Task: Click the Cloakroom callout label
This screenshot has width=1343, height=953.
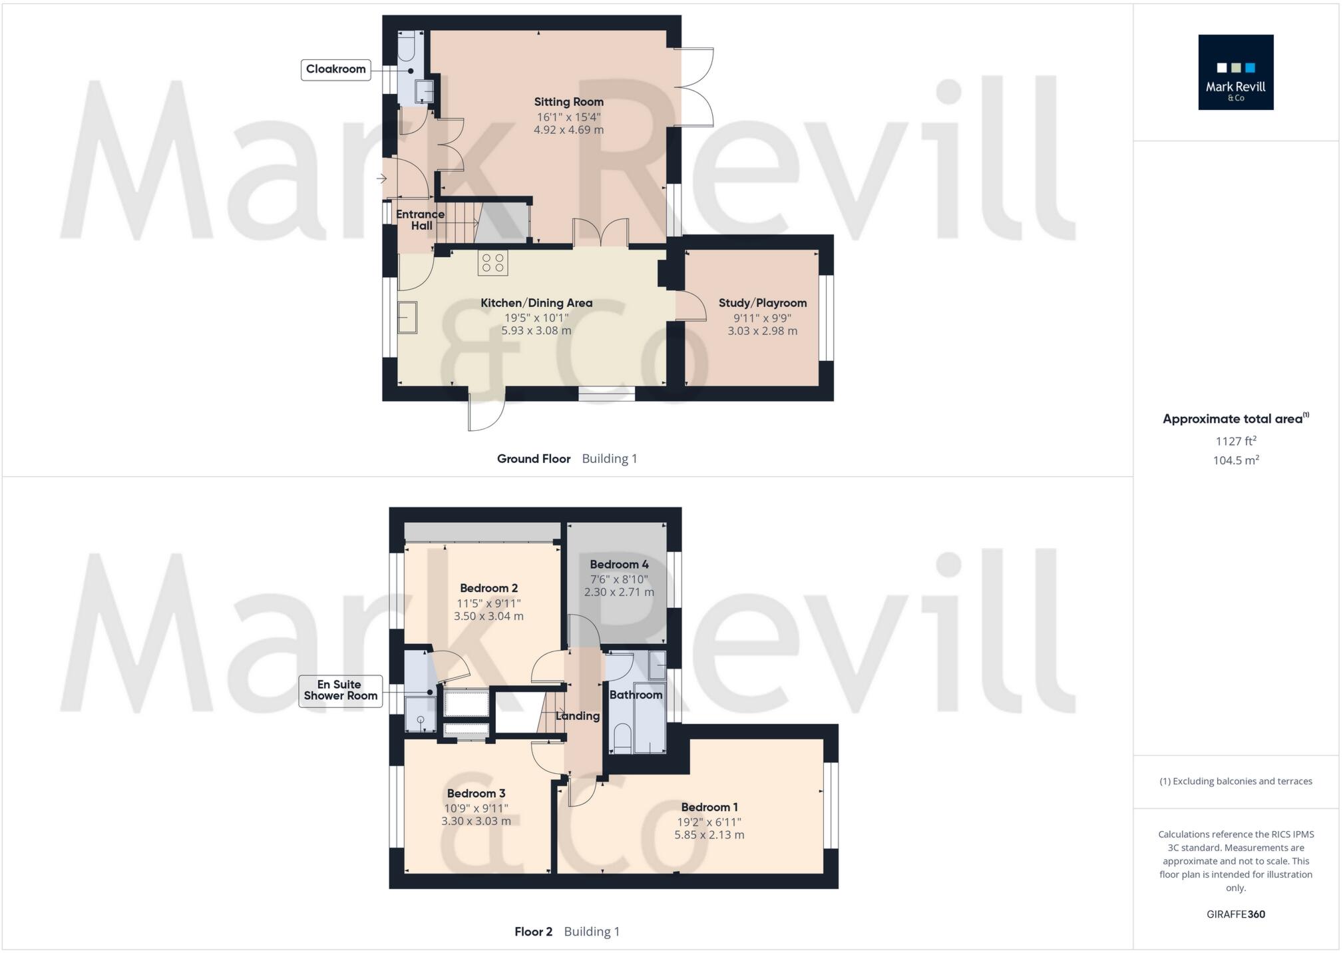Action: tap(335, 69)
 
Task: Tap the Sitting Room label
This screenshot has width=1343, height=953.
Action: tap(568, 102)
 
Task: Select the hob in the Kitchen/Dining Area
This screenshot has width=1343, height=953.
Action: tap(492, 262)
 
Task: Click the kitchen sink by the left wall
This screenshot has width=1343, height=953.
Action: tap(407, 317)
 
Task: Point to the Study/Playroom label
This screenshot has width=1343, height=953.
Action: tap(762, 303)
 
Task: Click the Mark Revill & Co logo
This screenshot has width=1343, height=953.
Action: tap(1235, 72)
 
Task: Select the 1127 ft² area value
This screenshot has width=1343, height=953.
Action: tap(1235, 441)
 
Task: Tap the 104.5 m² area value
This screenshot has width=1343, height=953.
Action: tap(1235, 460)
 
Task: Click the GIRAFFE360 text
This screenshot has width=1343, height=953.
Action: tap(1235, 914)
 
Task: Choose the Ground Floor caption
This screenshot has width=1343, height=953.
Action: tap(533, 459)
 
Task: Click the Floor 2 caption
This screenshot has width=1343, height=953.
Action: tap(533, 932)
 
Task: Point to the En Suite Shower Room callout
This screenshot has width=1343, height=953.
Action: tap(340, 691)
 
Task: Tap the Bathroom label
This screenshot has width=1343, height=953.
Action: tap(636, 695)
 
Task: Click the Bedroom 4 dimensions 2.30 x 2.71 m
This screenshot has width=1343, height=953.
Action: tap(619, 592)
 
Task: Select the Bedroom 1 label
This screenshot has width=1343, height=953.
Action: tap(709, 807)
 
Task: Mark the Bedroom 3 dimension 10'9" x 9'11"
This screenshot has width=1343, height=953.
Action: tap(476, 808)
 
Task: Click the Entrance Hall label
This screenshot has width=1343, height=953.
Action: tap(420, 220)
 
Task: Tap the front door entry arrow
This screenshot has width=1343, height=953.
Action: tap(382, 178)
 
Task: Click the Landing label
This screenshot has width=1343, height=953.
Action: tap(577, 716)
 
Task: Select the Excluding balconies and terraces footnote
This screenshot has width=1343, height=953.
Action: tap(1235, 781)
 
